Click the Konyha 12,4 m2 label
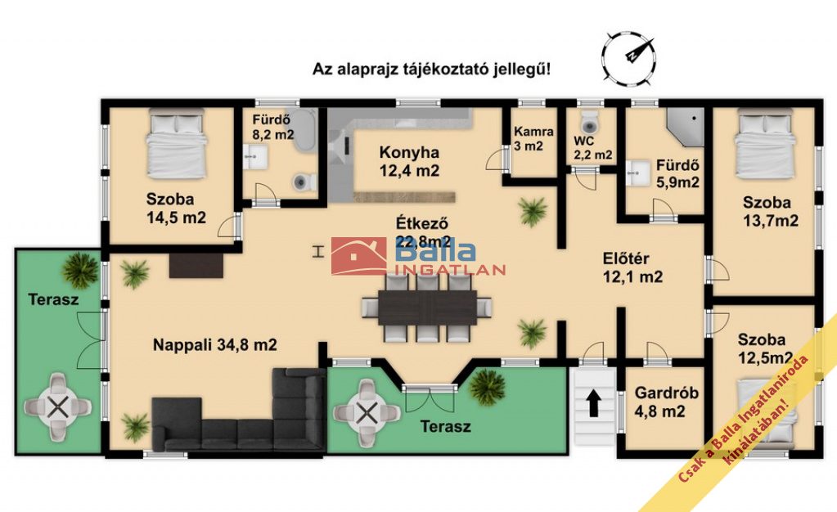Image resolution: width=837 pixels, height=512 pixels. point(409,162)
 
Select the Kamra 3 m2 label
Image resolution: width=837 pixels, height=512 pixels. point(533,139)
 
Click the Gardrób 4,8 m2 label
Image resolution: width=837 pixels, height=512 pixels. point(666,402)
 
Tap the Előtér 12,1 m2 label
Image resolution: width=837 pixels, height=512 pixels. point(632,267)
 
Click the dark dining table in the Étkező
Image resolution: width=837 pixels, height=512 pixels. point(427,307)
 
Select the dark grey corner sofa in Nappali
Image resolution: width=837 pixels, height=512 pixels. point(239,410)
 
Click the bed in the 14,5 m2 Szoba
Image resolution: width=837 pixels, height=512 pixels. point(176,144)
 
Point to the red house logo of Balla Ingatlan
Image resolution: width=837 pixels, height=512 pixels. point(358,256)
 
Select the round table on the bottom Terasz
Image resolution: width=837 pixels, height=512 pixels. point(367,413)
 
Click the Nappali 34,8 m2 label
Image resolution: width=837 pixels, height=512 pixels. point(214,345)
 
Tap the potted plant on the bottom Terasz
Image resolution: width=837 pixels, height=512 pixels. point(488,387)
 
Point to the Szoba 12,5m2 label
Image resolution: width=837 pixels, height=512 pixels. point(764,348)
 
